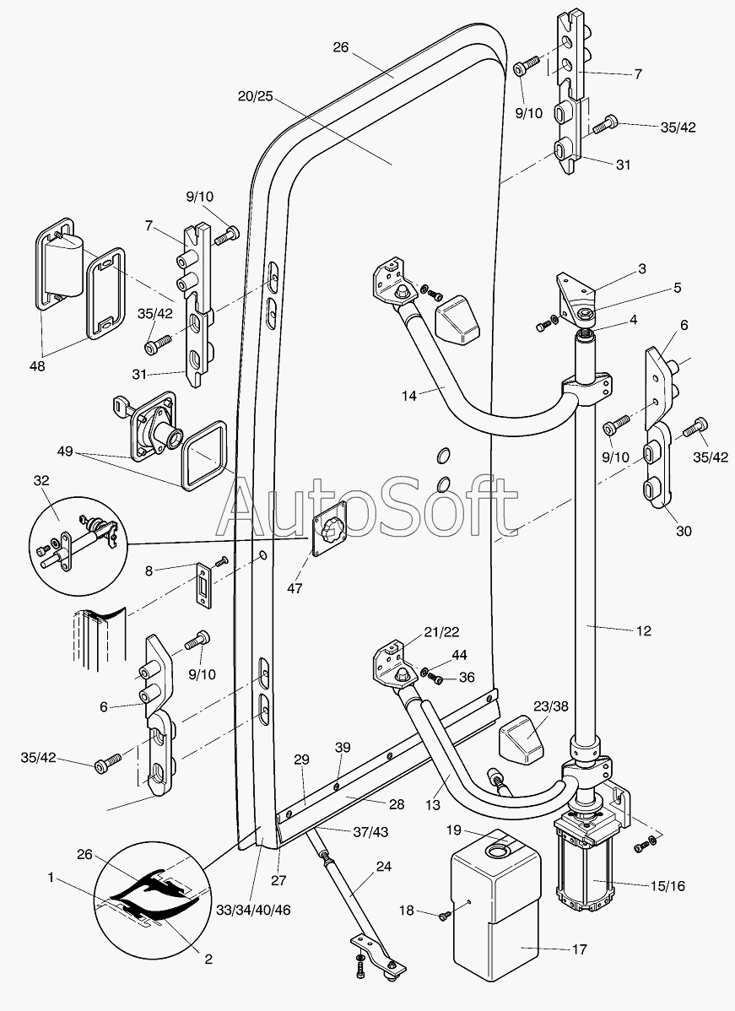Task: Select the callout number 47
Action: (x=294, y=589)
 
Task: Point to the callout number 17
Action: (x=579, y=949)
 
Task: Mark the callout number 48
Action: (x=36, y=366)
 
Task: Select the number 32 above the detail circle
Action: (x=41, y=480)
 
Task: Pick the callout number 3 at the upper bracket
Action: (x=642, y=269)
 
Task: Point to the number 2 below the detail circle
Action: (x=208, y=959)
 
